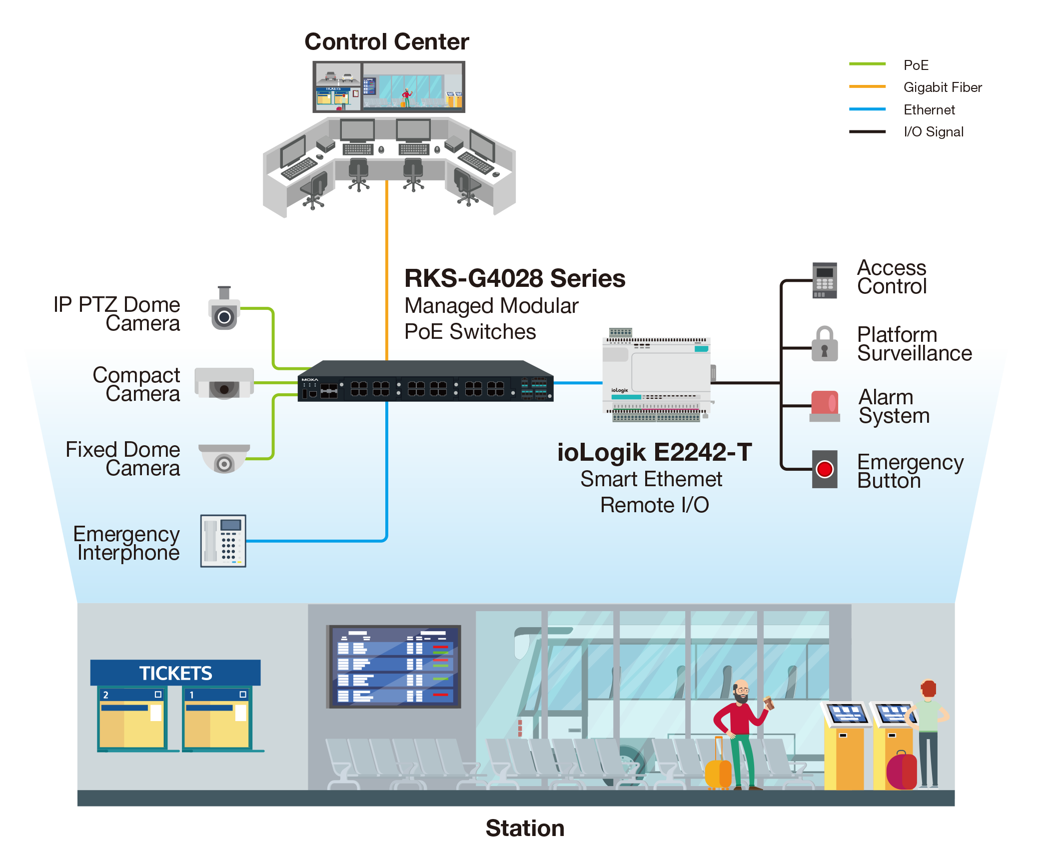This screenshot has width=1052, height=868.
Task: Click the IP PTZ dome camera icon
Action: [x=223, y=309]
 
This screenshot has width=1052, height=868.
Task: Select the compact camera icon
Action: [x=223, y=383]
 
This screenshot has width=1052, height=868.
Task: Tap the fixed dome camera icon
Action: [x=224, y=458]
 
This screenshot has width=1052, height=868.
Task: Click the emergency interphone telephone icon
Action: [x=223, y=541]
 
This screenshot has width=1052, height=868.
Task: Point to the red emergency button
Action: [x=824, y=469]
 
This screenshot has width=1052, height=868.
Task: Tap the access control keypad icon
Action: [x=824, y=280]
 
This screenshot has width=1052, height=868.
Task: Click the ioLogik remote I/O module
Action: [x=656, y=377]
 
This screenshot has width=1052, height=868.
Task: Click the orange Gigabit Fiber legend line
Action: [x=867, y=86]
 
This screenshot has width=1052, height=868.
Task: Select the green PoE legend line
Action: [x=867, y=64]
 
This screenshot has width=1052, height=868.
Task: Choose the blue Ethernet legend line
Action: [x=867, y=109]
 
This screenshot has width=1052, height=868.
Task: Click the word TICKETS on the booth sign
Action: [x=175, y=673]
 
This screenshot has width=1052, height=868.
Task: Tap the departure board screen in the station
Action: [x=393, y=666]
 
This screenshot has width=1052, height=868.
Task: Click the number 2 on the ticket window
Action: [x=105, y=695]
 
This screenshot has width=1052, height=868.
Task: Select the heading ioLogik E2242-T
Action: [x=654, y=453]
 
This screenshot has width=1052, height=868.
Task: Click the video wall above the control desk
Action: [x=388, y=86]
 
